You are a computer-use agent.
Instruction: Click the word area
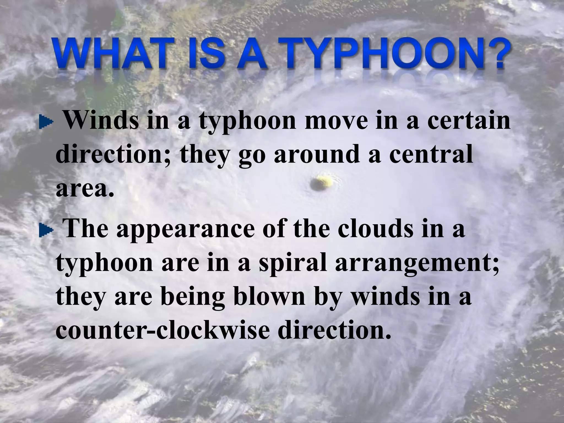84,188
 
